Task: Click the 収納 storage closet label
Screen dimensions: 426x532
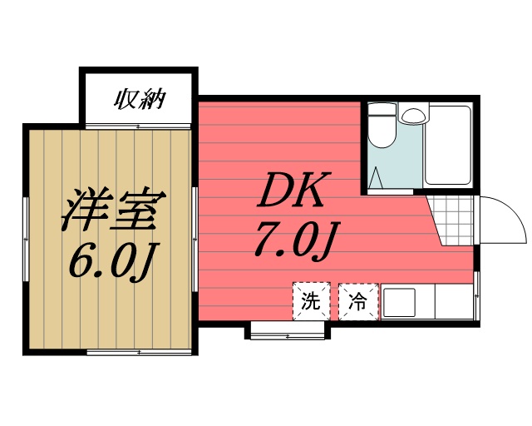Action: point(139,101)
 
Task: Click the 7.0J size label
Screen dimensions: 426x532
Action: point(293,241)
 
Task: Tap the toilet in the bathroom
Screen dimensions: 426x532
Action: point(383,133)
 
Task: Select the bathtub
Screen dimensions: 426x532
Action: point(449,146)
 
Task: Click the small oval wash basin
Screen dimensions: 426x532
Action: point(411,115)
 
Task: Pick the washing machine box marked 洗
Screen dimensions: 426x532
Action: point(311,301)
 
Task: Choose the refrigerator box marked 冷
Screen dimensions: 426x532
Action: point(358,301)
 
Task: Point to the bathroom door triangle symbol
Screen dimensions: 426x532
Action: point(375,177)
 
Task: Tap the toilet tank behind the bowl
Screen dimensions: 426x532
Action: point(382,110)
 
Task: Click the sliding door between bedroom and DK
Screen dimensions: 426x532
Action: point(195,241)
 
